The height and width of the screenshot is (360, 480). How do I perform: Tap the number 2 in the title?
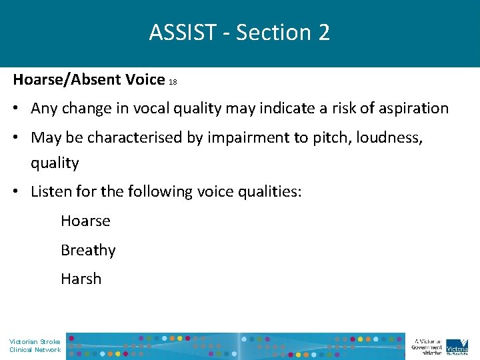323,32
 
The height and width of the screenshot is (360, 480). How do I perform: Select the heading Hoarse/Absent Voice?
89,79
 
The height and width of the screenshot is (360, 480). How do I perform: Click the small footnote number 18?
173,82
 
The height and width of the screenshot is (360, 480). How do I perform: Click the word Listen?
49,192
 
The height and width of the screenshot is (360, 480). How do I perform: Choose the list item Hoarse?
85,221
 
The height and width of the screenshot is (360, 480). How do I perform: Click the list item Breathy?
88,250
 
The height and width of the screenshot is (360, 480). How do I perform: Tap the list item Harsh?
81,279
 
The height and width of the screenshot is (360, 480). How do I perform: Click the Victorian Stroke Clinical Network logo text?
35,345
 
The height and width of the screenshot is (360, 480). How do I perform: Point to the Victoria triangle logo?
457,345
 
